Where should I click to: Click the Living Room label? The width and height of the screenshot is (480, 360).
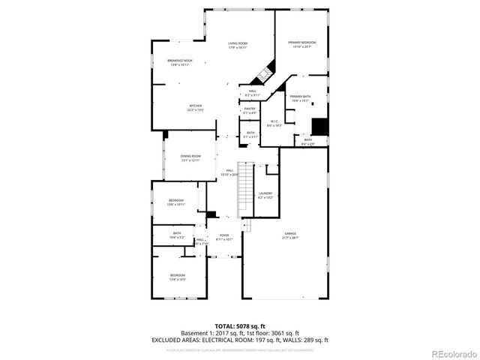pyautogui.click(x=238, y=43)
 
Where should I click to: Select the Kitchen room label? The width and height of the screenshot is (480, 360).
pyautogui.click(x=196, y=106)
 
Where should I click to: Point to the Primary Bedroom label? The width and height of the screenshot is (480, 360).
pyautogui.click(x=301, y=42)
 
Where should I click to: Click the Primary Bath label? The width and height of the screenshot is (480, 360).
pyautogui.click(x=300, y=96)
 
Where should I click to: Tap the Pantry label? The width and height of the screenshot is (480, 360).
pyautogui.click(x=250, y=109)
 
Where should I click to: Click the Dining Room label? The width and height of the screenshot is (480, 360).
pyautogui.click(x=190, y=155)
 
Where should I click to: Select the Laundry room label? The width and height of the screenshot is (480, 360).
pyautogui.click(x=265, y=193)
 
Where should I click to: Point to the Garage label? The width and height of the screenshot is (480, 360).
pyautogui.click(x=289, y=233)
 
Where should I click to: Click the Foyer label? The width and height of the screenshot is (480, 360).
pyautogui.click(x=223, y=235)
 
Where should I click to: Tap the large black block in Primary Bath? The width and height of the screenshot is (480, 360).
pyautogui.click(x=319, y=126)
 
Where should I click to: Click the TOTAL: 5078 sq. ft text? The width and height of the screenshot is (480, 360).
pyautogui.click(x=239, y=326)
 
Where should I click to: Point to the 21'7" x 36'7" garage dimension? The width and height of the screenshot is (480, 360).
pyautogui.click(x=289, y=238)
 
